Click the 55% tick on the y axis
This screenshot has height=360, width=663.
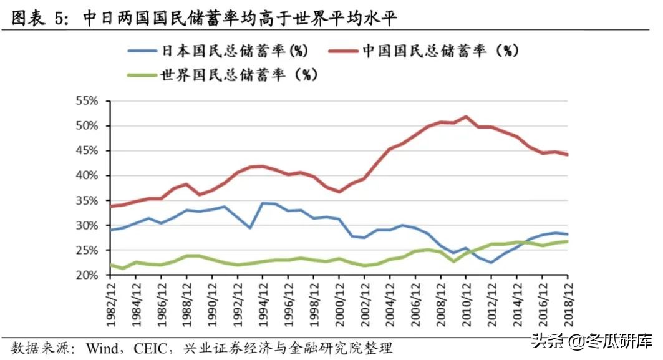pyautogui.click(x=86, y=100)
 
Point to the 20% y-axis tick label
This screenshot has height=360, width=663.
pyautogui.click(x=86, y=275)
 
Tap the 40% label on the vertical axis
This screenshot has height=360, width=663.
pyautogui.click(x=86, y=175)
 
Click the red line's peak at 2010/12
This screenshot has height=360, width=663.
pyautogui.click(x=467, y=116)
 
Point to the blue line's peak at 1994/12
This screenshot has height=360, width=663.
pyautogui.click(x=263, y=203)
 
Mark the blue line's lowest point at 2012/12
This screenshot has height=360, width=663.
pyautogui.click(x=491, y=262)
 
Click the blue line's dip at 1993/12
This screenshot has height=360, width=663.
pyautogui.click(x=250, y=228)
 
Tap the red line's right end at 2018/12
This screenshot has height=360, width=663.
pyautogui.click(x=568, y=155)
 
